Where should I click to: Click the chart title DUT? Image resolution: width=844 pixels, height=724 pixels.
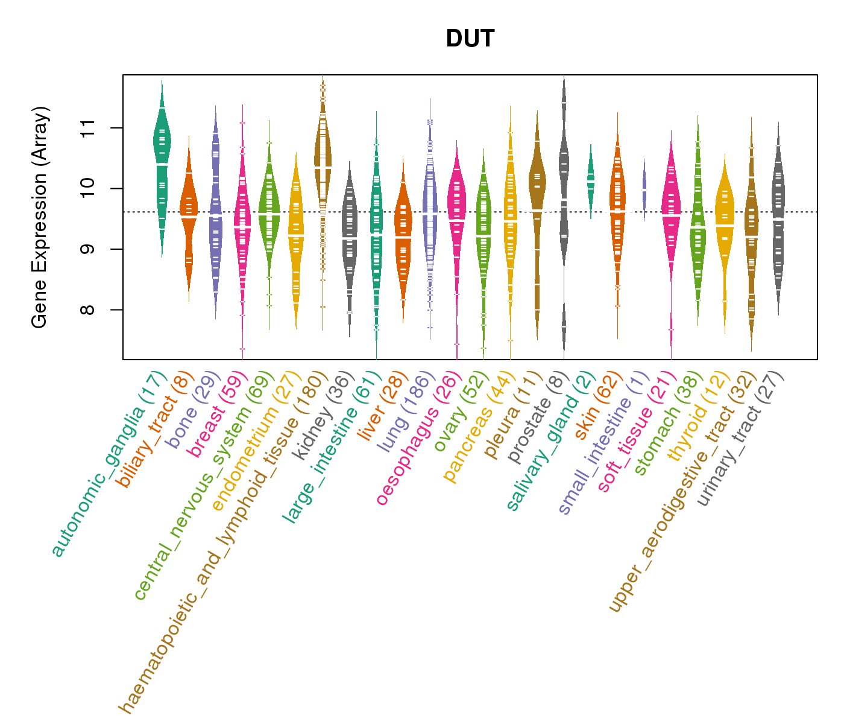470,39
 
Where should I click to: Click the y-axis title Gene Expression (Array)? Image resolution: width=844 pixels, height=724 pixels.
40,217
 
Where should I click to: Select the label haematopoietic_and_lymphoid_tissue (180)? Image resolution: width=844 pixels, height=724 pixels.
223,543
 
